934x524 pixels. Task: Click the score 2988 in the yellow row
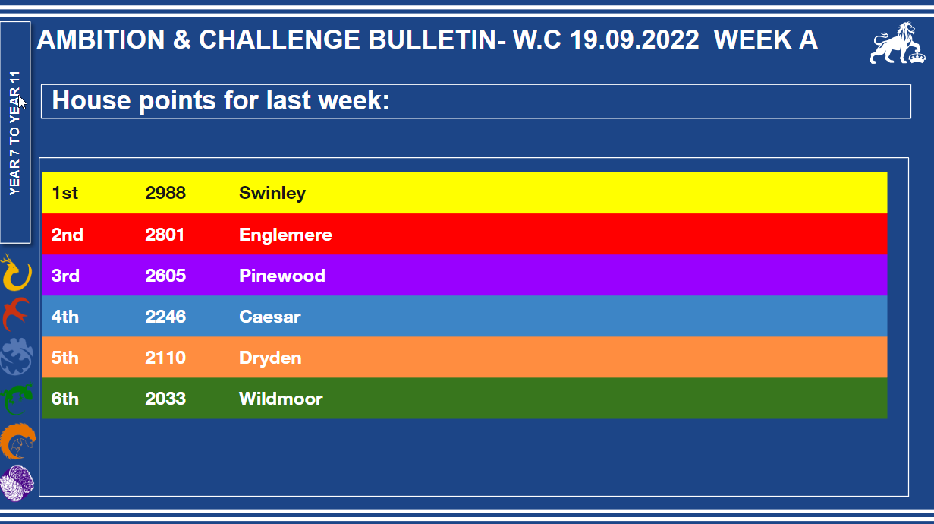point(165,193)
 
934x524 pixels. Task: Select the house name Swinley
point(272,194)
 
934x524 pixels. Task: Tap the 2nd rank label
point(67,235)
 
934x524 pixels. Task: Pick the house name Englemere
point(285,235)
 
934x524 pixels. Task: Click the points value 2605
point(165,276)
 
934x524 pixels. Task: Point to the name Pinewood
point(281,276)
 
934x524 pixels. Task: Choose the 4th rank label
point(65,317)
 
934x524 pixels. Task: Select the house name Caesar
point(270,317)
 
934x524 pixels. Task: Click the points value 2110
point(165,358)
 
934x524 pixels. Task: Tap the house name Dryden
point(270,358)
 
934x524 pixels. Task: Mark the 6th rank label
point(65,399)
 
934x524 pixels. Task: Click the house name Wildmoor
point(281,399)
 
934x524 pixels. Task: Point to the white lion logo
point(898,43)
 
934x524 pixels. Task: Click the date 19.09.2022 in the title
point(634,39)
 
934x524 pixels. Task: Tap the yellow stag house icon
point(16,273)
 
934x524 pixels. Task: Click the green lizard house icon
point(17,399)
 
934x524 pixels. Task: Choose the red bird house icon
point(16,314)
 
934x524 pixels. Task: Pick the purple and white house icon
point(17,483)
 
